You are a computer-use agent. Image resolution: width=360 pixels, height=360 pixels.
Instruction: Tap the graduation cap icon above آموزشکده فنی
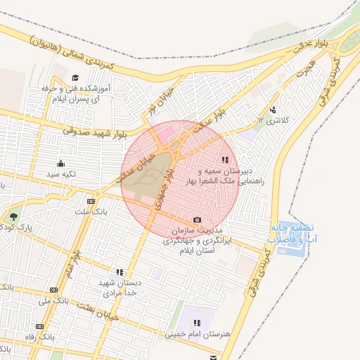tap(75, 77)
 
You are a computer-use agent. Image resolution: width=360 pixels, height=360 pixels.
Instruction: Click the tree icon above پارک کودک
tap(14, 216)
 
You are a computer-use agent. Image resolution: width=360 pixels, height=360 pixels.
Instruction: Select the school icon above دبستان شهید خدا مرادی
tap(120, 271)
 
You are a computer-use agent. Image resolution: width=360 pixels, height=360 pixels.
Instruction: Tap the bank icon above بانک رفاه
tap(39, 327)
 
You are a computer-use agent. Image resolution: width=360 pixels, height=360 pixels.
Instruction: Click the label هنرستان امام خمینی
tap(196, 336)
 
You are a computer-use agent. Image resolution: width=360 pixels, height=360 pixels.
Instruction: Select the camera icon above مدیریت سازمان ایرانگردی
tap(197, 219)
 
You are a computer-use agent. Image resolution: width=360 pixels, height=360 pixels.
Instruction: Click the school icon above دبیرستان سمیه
tap(225, 160)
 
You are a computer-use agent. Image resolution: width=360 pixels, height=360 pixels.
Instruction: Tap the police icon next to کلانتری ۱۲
tap(273, 109)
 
